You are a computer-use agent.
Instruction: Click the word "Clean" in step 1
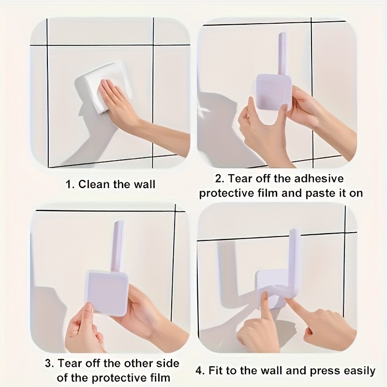(x=95, y=184)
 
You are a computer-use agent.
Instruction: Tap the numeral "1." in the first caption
(x=70, y=184)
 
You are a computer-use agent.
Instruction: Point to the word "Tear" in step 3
(x=70, y=363)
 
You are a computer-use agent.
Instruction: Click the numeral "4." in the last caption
(x=201, y=371)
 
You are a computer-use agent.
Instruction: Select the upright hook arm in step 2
(x=282, y=54)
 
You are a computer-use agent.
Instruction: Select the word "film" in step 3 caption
(x=161, y=378)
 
